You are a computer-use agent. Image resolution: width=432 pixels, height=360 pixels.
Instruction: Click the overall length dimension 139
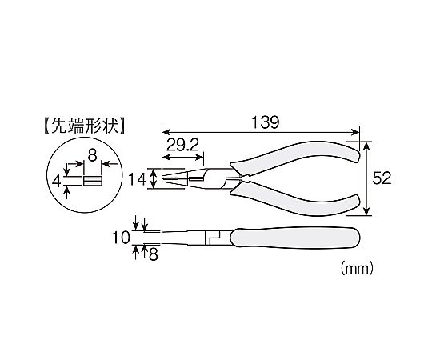coord(266,122)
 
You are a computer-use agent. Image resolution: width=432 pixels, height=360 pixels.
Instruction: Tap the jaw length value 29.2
coord(182,145)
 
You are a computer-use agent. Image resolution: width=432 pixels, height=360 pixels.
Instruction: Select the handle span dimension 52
coord(382,178)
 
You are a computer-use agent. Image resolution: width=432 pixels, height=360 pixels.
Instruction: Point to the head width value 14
coord(138,181)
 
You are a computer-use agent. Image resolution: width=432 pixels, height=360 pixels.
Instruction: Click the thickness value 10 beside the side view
coord(121,238)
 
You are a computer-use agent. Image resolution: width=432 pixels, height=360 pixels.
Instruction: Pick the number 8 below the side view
coord(154,255)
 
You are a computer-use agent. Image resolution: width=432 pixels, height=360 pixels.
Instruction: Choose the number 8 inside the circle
coord(92,155)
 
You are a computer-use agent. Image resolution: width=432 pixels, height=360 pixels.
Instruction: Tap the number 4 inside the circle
coord(57,182)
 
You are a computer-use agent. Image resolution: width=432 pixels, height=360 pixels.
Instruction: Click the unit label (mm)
coord(357,268)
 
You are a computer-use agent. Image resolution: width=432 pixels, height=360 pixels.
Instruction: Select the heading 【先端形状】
coord(84,126)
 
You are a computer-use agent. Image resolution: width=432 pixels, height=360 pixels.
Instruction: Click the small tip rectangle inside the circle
coord(93,182)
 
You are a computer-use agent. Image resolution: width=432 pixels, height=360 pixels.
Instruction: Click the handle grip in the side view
coord(294,238)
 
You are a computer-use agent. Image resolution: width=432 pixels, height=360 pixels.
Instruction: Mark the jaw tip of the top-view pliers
coord(163,179)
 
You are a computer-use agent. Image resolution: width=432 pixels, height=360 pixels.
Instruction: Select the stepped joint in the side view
coord(214,238)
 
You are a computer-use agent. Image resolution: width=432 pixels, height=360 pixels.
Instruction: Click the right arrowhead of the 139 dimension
coord(356,132)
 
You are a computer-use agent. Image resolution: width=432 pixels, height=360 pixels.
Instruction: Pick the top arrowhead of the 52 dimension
coord(366,146)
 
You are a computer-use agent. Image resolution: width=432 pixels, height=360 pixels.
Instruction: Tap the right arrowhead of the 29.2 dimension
coord(200,158)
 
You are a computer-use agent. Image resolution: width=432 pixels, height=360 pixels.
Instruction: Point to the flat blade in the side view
coord(184,238)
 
